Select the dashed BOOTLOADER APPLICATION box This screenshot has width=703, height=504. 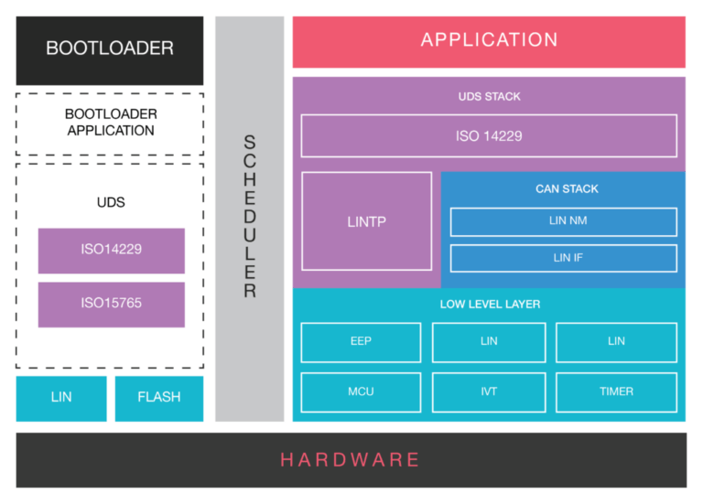click(110, 123)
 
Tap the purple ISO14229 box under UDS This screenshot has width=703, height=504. click(111, 250)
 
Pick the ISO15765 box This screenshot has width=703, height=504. click(111, 304)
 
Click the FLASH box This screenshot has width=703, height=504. click(158, 398)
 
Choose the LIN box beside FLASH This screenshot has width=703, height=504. click(61, 398)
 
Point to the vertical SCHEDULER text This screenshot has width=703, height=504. click(249, 217)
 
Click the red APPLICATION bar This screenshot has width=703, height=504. click(489, 41)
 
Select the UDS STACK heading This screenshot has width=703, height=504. click(489, 96)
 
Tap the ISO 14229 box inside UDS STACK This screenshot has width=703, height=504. click(489, 136)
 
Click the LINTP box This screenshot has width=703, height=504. click(366, 221)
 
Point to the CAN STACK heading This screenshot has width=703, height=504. click(567, 189)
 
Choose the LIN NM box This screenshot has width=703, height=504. click(563, 221)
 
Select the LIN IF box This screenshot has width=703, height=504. click(563, 258)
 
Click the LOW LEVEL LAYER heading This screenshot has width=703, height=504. click(489, 304)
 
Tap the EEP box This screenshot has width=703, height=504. click(361, 341)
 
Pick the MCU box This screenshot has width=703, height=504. click(361, 391)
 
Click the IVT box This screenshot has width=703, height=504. click(489, 391)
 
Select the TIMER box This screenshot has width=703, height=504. click(616, 391)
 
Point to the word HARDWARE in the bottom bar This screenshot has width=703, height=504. click(351, 460)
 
